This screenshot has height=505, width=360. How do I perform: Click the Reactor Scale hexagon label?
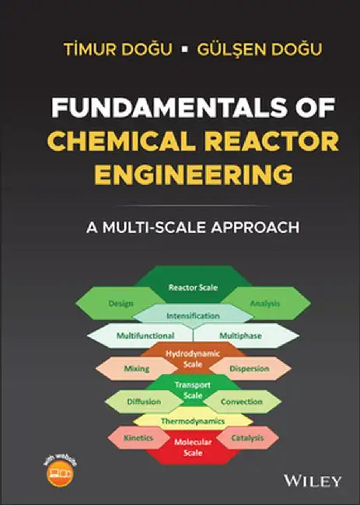[192, 287]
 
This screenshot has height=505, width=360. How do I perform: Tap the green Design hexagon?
[121, 302]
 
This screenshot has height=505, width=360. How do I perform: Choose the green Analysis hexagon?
[264, 302]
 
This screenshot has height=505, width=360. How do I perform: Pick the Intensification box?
[192, 315]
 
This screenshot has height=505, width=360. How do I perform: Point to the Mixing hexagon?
[136, 368]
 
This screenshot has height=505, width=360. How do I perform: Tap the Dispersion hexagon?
[249, 368]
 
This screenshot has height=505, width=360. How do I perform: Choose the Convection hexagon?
[242, 402]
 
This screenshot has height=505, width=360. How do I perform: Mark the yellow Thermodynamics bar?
[192, 421]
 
